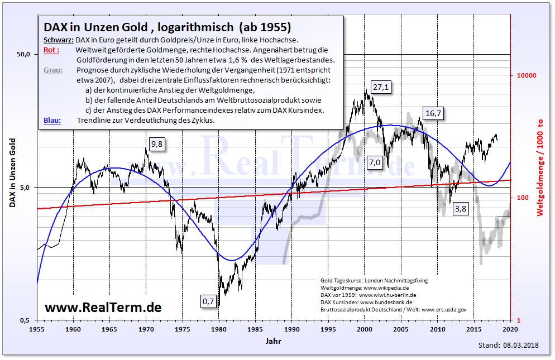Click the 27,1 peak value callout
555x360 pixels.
[x=381, y=88]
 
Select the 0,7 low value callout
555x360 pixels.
[x=208, y=301]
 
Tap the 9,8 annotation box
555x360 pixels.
[x=158, y=145]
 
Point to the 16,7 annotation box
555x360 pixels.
[x=433, y=113]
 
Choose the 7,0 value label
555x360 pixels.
[x=374, y=162]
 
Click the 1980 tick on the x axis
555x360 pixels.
[x=219, y=329]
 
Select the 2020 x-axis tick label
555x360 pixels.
[x=510, y=329]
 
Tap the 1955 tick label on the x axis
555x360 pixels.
[x=37, y=329]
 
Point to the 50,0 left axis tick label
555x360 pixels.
[x=23, y=54]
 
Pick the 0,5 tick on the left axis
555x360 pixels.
[x=25, y=320]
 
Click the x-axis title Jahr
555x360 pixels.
[x=273, y=340]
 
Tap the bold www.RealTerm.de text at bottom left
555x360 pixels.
[x=103, y=307]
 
